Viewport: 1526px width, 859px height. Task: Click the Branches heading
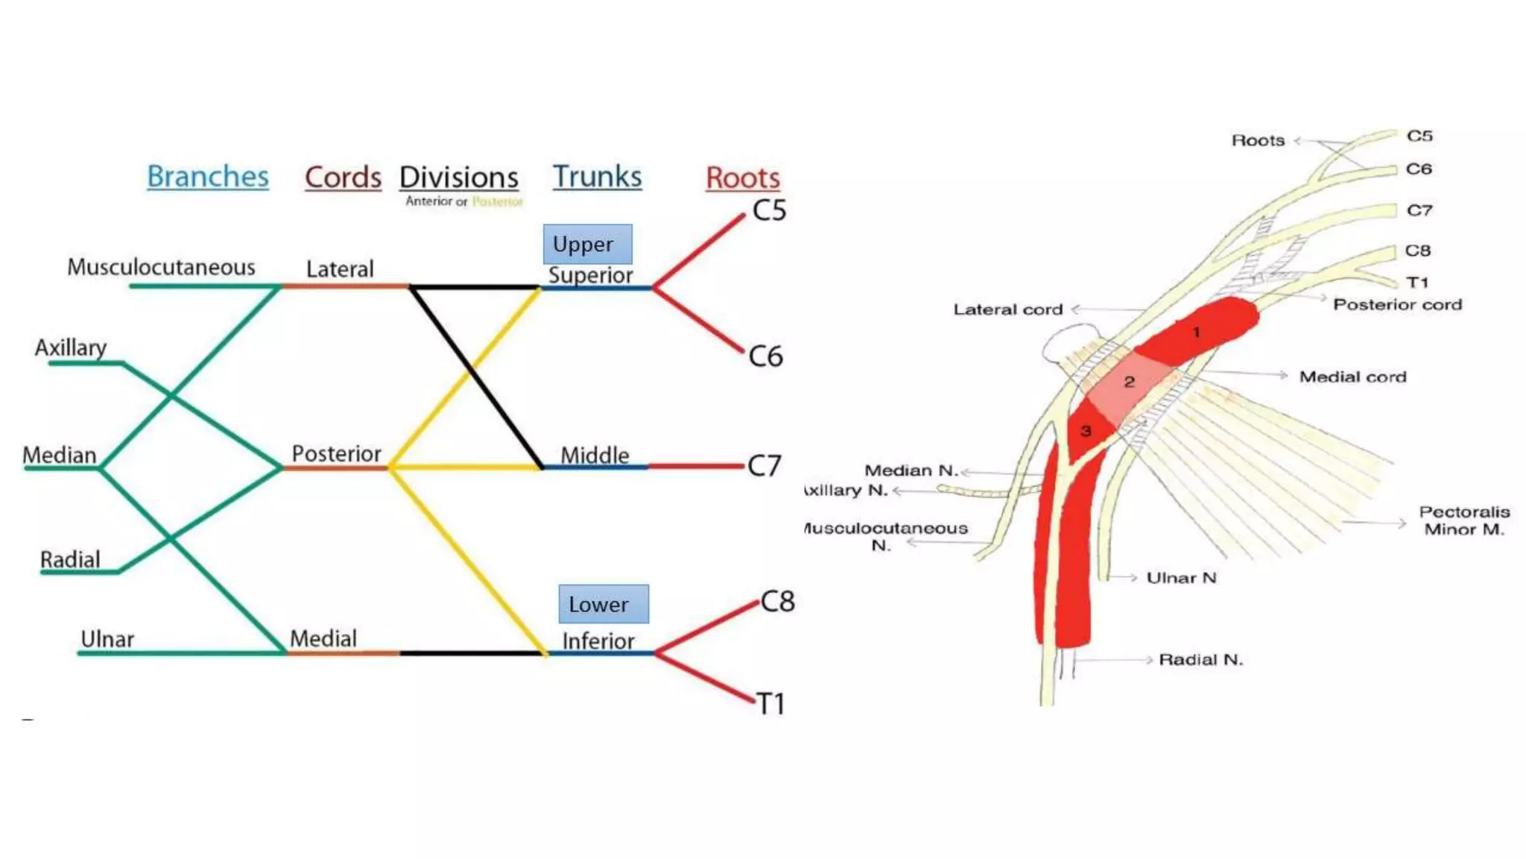[207, 177]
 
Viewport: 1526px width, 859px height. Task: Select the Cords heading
[343, 177]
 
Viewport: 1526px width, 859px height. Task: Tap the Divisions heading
[459, 177]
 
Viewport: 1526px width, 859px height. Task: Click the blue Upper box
[587, 244]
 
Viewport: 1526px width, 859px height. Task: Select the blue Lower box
[603, 604]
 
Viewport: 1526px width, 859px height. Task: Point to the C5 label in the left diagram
[769, 210]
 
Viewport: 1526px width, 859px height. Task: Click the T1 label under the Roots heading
[770, 704]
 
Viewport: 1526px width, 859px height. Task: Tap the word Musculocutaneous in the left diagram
[161, 267]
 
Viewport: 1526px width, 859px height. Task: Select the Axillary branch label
[71, 347]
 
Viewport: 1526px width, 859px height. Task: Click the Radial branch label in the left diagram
[70, 560]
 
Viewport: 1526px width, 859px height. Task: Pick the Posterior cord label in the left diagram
[336, 453]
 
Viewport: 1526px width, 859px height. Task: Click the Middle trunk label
[595, 455]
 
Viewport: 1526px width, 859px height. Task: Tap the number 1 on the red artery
[1196, 333]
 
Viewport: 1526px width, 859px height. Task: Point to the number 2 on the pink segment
[1129, 382]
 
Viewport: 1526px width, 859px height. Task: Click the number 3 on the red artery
[1086, 431]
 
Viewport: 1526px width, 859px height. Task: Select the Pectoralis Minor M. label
[1463, 520]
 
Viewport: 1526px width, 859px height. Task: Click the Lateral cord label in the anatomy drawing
[1007, 309]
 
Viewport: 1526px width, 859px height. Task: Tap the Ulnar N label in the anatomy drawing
[1181, 578]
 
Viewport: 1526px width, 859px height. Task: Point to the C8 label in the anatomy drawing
[1417, 251]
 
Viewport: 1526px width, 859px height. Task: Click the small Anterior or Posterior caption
[463, 201]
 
